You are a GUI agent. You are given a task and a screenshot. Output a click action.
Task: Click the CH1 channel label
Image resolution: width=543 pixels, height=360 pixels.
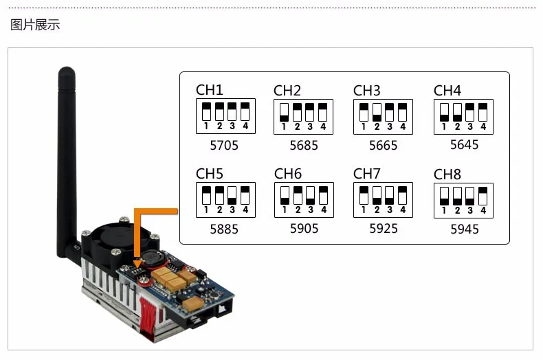pos(209,90)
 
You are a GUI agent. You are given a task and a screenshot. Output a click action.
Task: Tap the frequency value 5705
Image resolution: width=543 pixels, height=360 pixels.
pos(224,146)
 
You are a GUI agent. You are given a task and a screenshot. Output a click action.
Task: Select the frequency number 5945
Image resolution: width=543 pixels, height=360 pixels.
pos(465,229)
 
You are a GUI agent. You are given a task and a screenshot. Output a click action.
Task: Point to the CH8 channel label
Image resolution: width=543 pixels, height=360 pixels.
pos(447,175)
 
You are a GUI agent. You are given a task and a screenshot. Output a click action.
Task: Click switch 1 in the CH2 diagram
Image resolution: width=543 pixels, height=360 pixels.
pos(284,113)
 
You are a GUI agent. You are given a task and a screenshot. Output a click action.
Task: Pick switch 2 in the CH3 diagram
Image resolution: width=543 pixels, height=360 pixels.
pos(377,113)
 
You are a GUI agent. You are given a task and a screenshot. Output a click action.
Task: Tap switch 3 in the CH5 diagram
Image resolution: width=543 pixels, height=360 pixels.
pos(232,196)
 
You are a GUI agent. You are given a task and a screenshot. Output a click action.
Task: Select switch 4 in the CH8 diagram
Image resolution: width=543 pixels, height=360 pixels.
pos(483,196)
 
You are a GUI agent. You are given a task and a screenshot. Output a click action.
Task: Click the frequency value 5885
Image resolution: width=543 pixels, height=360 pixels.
pos(224,229)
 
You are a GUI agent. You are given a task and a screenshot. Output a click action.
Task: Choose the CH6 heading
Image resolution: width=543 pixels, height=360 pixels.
pos(288,174)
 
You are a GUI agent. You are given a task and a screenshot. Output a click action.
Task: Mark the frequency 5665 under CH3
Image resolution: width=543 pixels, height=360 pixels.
pos(383,146)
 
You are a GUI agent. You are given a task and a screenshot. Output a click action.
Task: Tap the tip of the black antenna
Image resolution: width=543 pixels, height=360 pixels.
pos(67,67)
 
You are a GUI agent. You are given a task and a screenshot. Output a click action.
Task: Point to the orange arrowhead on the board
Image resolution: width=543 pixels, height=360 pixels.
pos(138,264)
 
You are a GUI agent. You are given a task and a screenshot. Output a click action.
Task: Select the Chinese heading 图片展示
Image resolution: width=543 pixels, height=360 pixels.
pos(35,25)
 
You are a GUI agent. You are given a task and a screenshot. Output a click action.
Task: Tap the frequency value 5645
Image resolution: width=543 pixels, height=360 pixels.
pos(464,145)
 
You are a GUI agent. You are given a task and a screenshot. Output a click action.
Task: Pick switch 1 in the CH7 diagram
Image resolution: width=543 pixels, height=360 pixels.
pos(364,196)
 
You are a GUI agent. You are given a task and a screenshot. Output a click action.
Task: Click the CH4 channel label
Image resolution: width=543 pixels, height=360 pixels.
pos(447,91)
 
